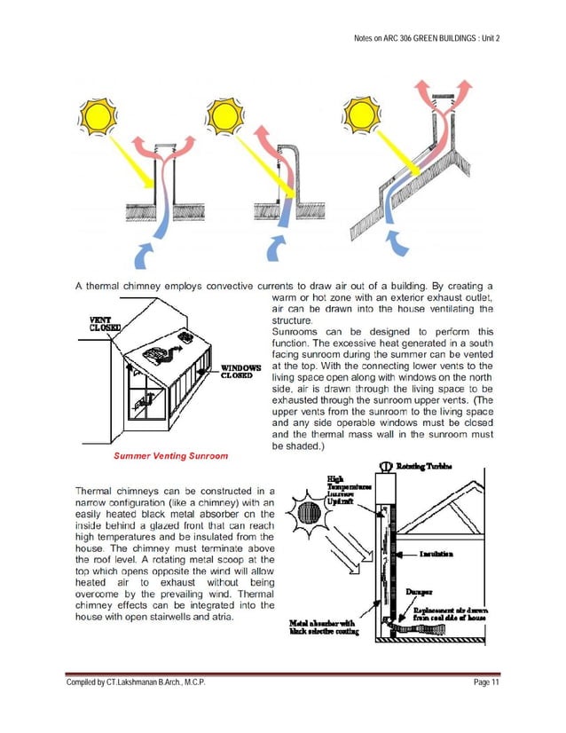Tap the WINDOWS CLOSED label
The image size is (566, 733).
pyautogui.click(x=242, y=370)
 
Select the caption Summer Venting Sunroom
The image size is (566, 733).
pyautogui.click(x=169, y=456)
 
